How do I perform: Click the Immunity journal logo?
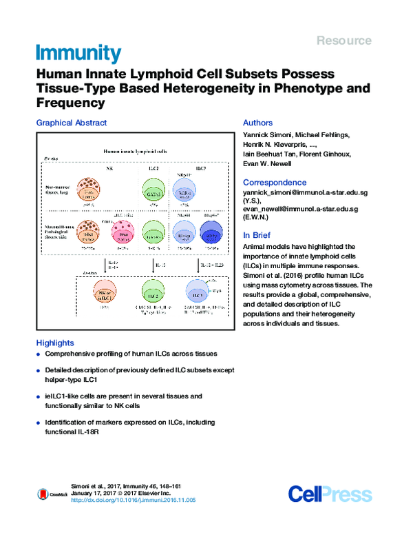pos(78,53)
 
